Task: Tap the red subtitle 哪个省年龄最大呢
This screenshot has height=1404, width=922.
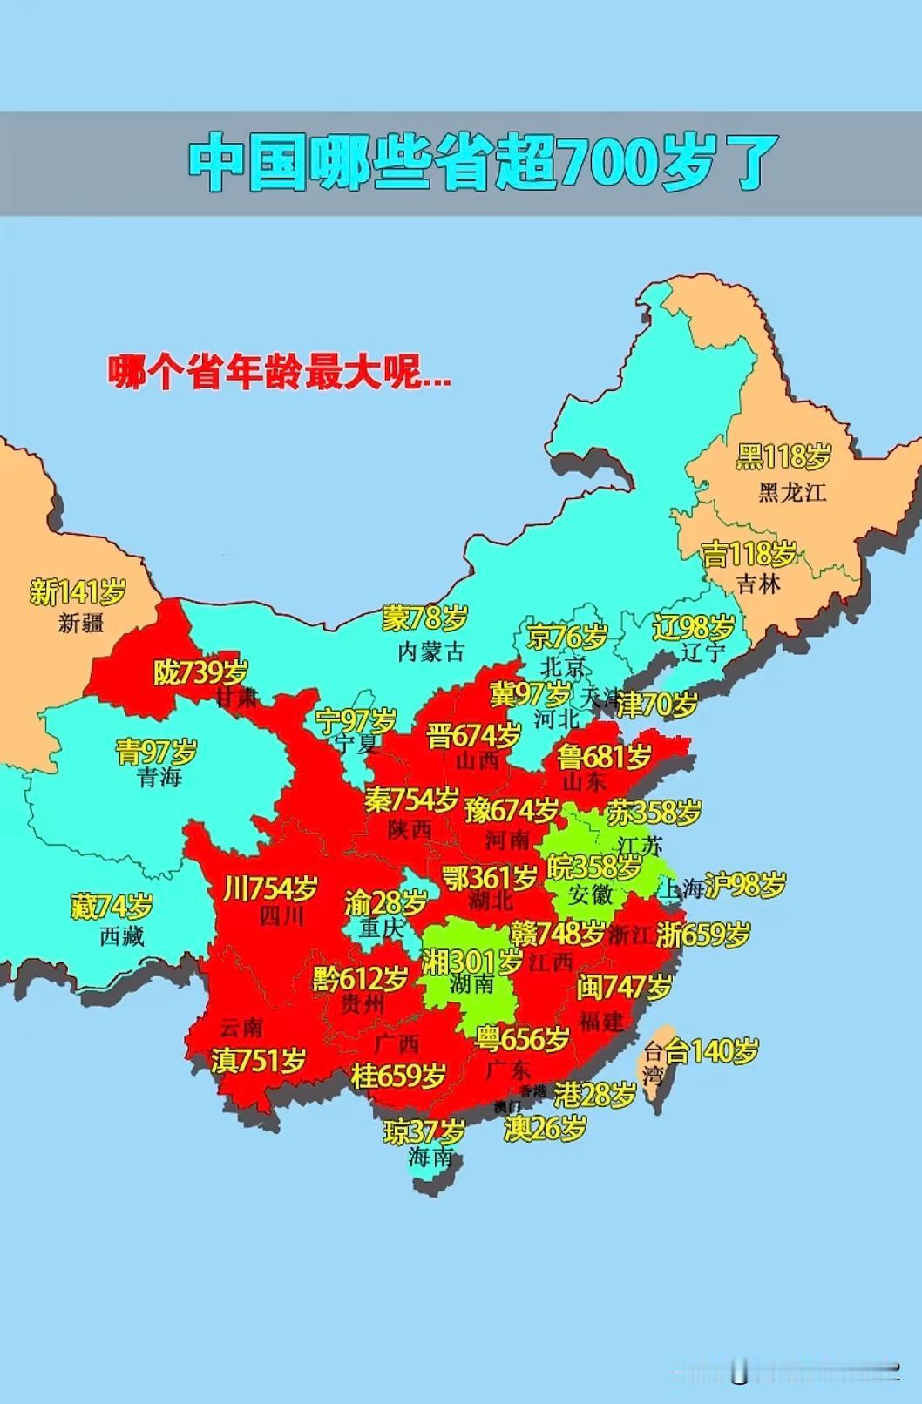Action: pyautogui.click(x=279, y=372)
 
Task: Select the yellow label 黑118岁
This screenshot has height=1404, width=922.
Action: pyautogui.click(x=783, y=456)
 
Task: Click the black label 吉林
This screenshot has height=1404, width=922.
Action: pyautogui.click(x=758, y=584)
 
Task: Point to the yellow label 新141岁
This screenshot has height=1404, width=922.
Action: pyautogui.click(x=77, y=592)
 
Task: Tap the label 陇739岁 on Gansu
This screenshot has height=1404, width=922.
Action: pyautogui.click(x=200, y=672)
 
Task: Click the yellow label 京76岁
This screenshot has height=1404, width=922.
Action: pyautogui.click(x=566, y=637)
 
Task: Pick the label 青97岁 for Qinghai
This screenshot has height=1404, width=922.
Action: pyautogui.click(x=157, y=751)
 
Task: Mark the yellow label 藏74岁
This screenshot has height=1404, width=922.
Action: pyautogui.click(x=112, y=907)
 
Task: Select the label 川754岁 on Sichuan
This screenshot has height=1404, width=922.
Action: pyautogui.click(x=270, y=888)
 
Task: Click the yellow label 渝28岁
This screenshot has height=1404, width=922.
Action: pyautogui.click(x=385, y=902)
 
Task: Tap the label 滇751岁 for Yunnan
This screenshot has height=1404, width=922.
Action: pyautogui.click(x=259, y=1060)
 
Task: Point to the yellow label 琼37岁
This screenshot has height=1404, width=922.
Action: pyautogui.click(x=424, y=1131)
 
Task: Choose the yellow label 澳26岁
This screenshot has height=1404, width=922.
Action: pyautogui.click(x=545, y=1129)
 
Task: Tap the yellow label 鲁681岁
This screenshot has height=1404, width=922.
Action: pyautogui.click(x=604, y=756)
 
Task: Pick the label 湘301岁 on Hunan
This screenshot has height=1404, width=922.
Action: pyautogui.click(x=471, y=962)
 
